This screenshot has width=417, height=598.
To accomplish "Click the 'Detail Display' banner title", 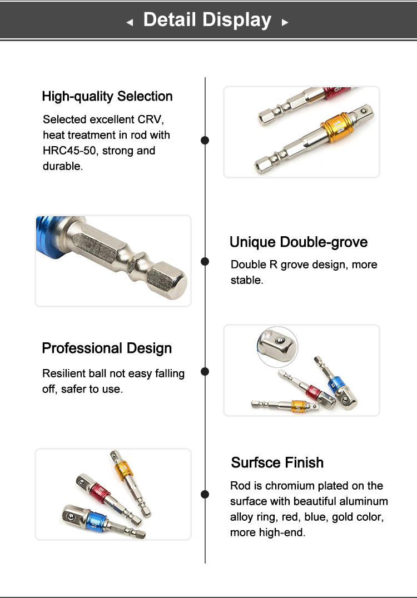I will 207,20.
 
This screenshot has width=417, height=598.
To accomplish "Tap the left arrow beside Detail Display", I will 130,23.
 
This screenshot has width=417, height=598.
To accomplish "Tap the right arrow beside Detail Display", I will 285,23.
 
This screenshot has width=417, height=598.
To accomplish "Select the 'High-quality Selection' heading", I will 107,97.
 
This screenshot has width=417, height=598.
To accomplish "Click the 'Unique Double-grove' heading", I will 299,242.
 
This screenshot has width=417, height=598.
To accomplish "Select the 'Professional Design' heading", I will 107,348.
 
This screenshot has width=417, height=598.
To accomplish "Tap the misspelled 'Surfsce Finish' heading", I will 277,462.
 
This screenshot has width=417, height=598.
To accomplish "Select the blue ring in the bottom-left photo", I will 97,521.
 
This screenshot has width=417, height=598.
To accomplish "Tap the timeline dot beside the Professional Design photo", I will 205,371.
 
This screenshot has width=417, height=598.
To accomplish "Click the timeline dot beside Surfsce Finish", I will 205,494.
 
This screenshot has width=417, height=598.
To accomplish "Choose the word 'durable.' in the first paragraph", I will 63,166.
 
